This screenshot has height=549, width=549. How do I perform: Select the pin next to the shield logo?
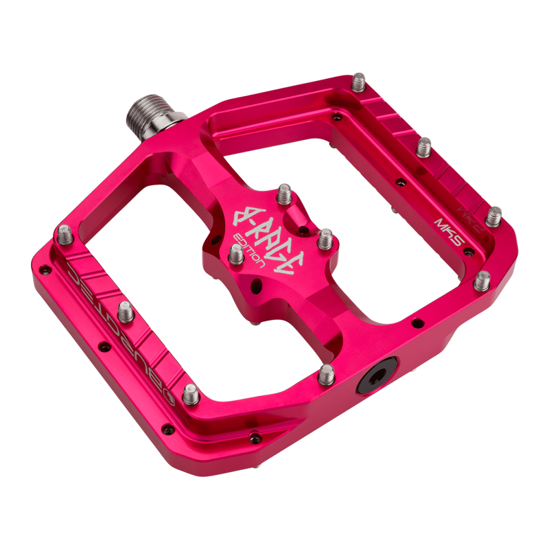(191, 393)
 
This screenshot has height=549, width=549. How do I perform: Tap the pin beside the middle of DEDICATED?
(125, 312)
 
